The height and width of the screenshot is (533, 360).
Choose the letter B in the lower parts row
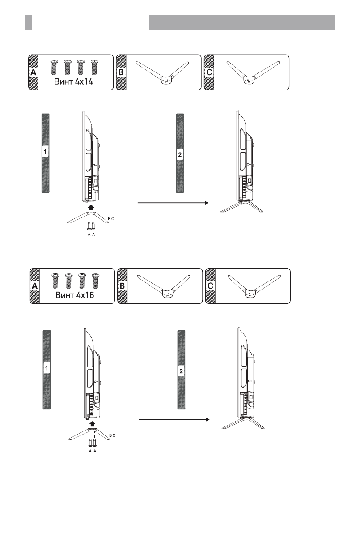[122, 286]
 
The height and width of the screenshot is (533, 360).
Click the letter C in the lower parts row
[210, 286]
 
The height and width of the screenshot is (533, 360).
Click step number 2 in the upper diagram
[180, 154]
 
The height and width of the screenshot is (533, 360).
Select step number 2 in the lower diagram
[181, 371]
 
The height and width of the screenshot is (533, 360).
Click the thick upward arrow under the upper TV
[91, 207]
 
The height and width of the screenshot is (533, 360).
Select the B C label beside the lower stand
[112, 435]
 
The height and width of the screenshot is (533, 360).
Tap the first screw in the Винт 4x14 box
[55, 67]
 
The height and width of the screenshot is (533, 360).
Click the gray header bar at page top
[241, 23]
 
